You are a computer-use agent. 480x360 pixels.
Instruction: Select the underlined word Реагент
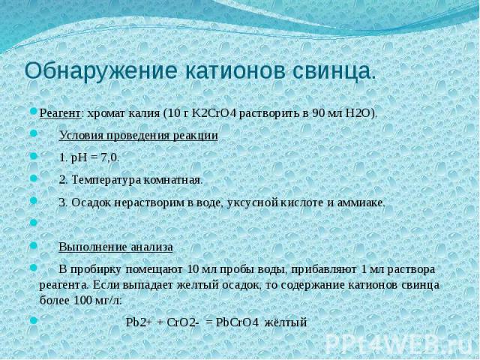[x=60, y=114]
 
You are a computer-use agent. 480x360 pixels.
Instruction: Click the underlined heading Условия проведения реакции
[x=138, y=136]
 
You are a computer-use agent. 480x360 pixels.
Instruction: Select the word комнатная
[x=172, y=180]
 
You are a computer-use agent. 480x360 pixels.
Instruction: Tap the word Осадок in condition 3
[x=92, y=203]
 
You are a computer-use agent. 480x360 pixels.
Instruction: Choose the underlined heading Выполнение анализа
[x=115, y=247]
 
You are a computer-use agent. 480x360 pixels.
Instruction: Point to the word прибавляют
[x=324, y=270]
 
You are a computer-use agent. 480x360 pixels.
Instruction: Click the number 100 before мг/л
[x=82, y=300]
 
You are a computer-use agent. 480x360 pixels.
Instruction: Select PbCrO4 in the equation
[x=238, y=322]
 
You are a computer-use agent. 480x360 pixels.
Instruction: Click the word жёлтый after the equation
[x=285, y=322]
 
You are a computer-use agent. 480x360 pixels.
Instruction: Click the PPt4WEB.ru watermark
[x=400, y=343]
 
